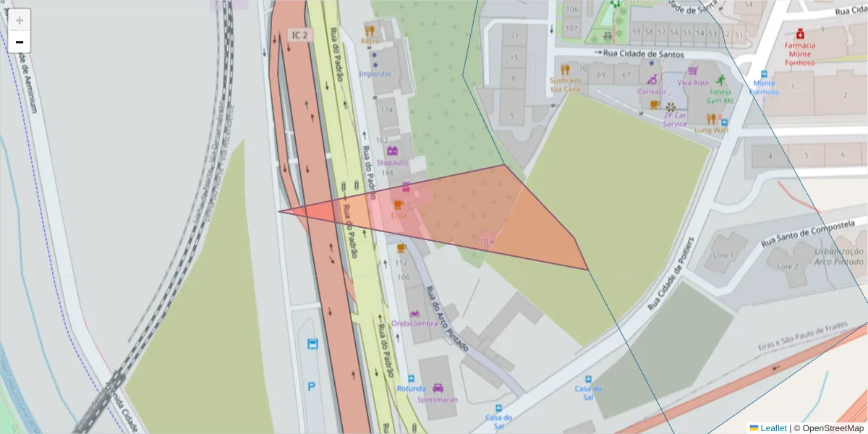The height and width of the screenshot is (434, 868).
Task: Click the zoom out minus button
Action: pos(20,42)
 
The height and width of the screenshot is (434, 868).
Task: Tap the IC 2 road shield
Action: pos(299,35)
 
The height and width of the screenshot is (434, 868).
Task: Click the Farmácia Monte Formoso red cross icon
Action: pos(800,33)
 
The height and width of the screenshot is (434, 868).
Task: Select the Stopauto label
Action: pos(392,162)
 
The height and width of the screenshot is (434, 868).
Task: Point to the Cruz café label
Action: pos(399,216)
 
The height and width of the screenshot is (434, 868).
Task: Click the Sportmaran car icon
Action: pos(437,388)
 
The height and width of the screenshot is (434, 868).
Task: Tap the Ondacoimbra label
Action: pos(414,323)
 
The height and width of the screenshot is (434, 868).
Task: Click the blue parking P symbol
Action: pos(312,386)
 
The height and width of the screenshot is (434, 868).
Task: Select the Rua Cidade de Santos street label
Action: pos(643,54)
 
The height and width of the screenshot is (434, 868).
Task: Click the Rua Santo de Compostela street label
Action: pos(814,227)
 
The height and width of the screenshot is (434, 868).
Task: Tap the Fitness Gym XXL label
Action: pos(720,96)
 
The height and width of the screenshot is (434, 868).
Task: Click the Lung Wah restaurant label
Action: pos(712,130)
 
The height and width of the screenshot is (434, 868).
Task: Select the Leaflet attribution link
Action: pos(773,428)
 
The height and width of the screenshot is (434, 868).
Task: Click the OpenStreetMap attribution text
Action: pos(828,428)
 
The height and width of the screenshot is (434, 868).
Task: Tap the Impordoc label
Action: pos(375,74)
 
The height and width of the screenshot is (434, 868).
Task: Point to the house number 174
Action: pos(386,110)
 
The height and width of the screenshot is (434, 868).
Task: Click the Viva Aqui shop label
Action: pos(693,82)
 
